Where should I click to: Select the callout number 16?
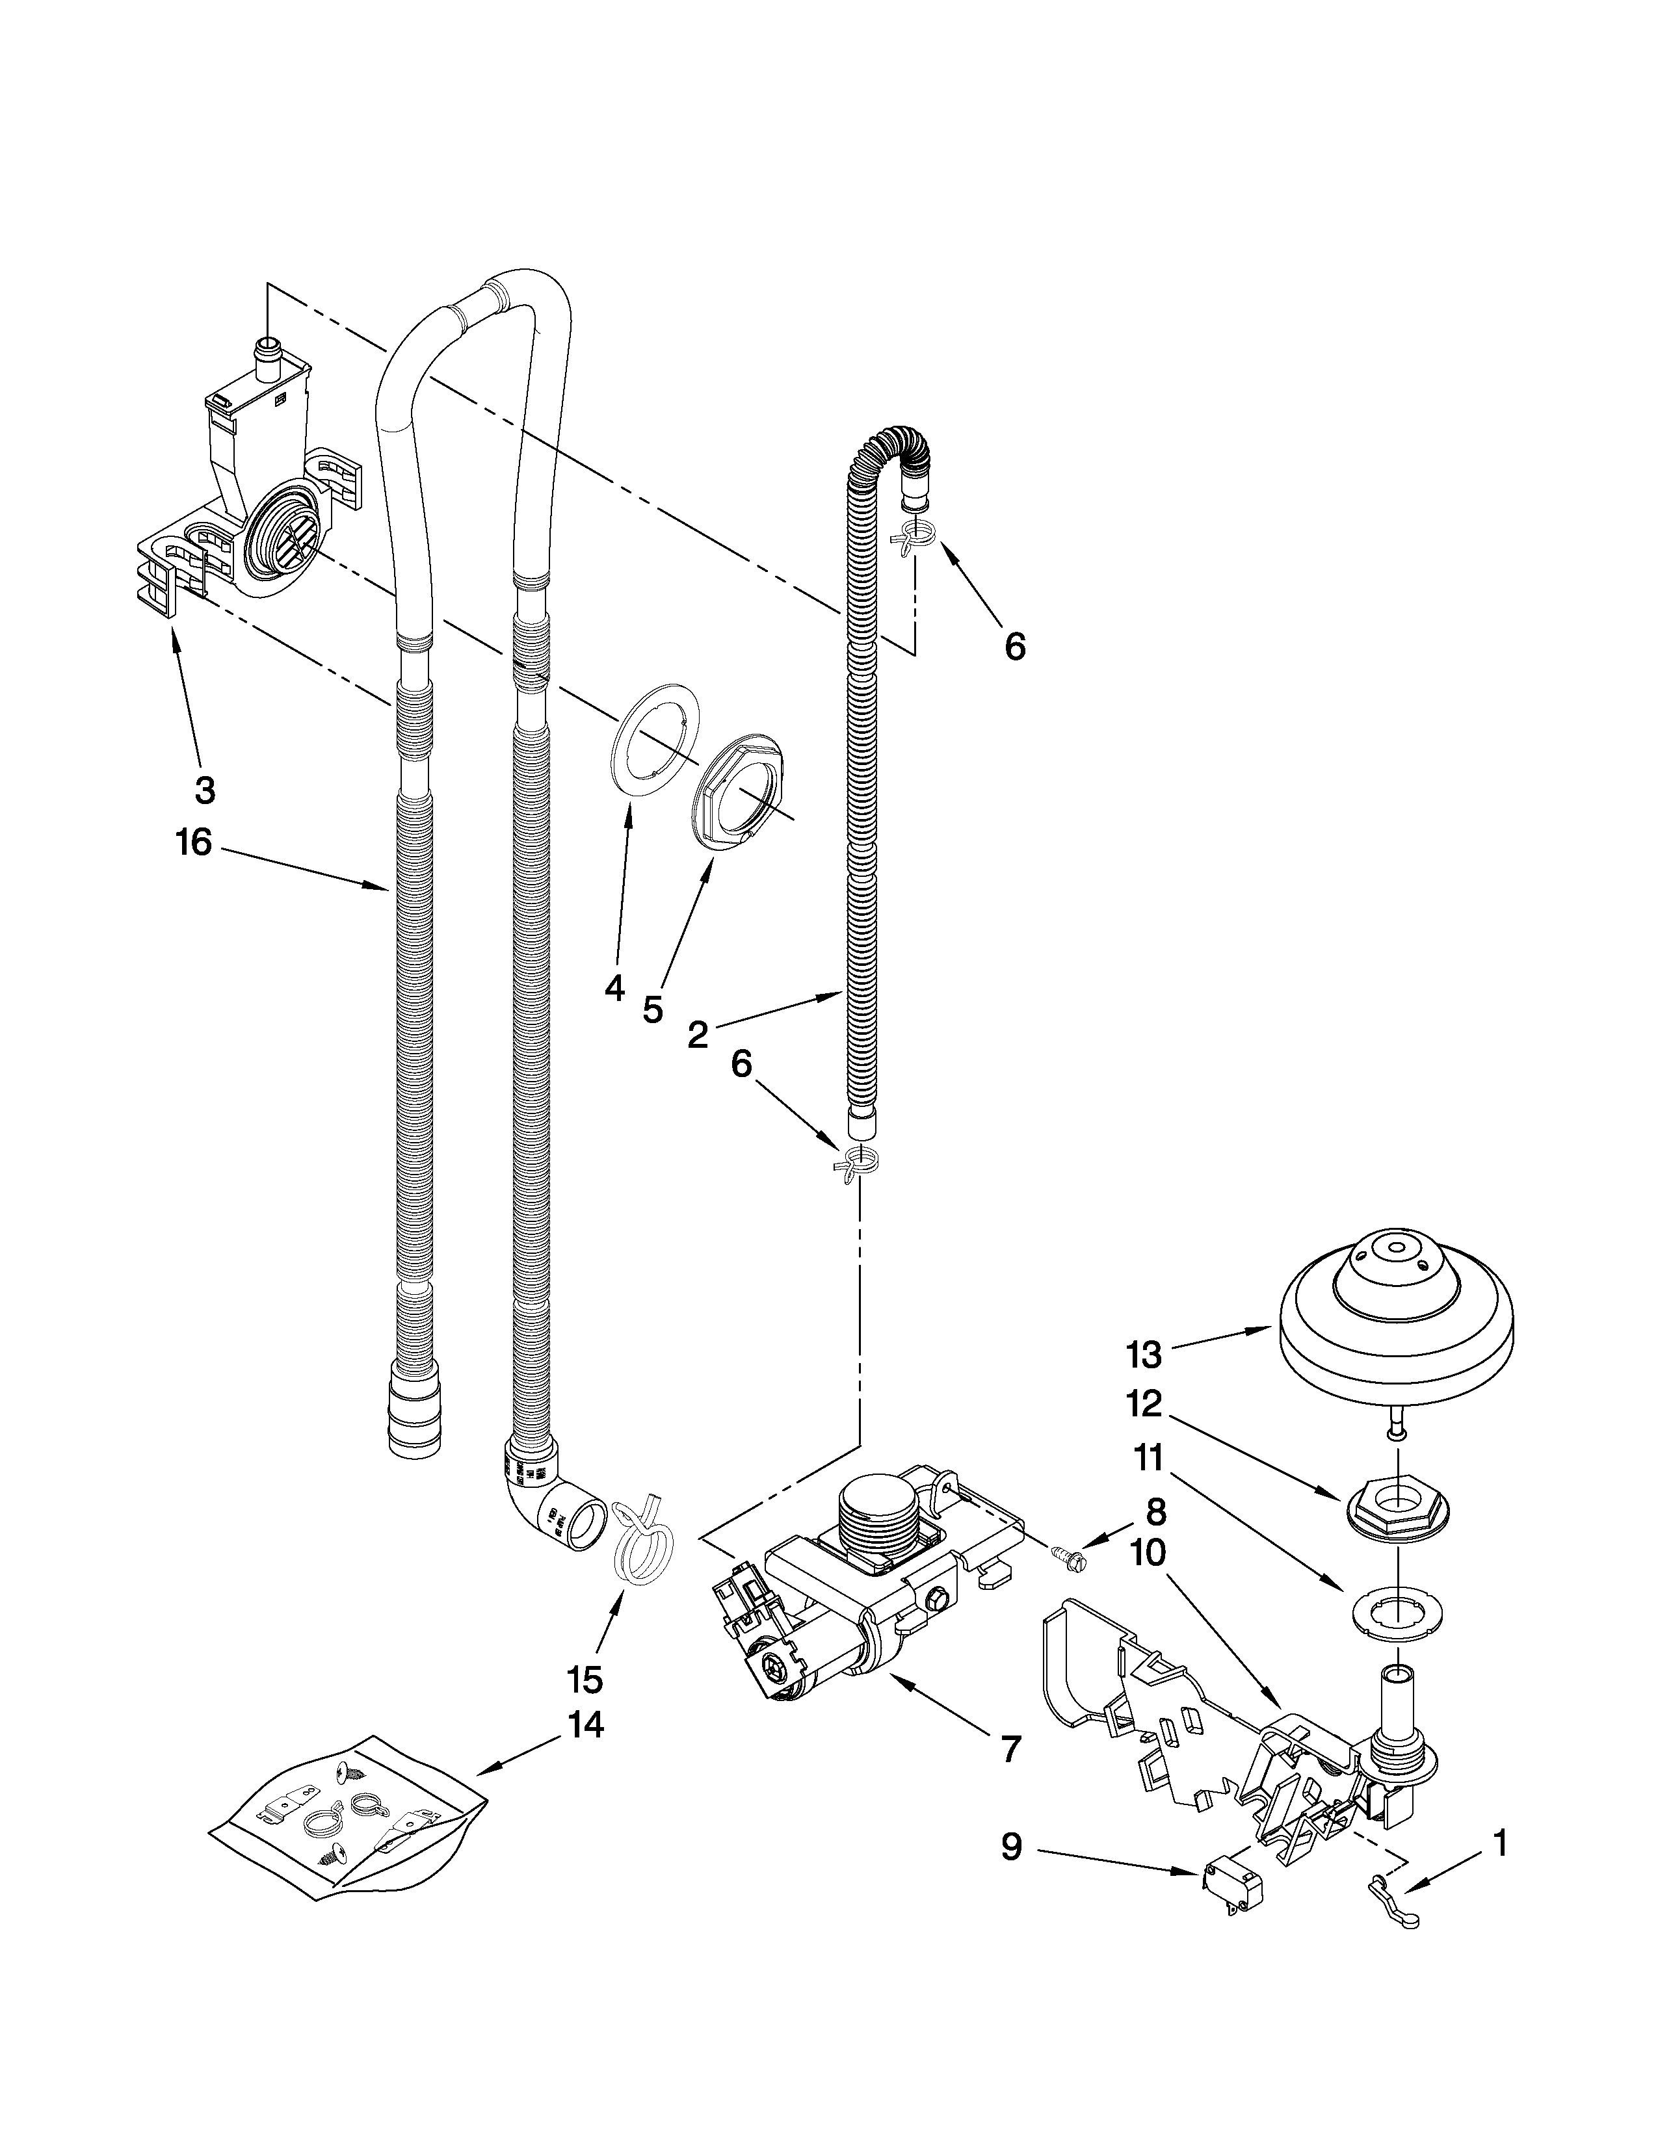pyautogui.click(x=194, y=842)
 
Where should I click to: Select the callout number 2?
pyautogui.click(x=698, y=1034)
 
